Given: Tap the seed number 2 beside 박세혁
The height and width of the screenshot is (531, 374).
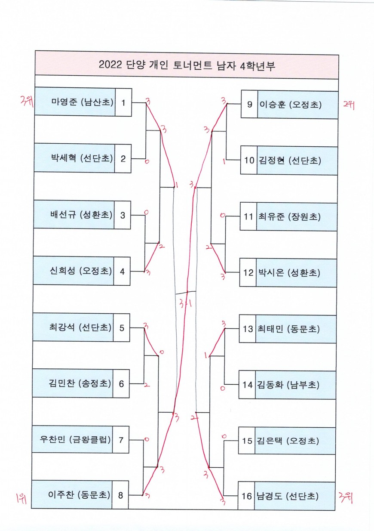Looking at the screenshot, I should (123, 159).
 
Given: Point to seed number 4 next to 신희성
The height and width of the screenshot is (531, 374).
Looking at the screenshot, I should (122, 271).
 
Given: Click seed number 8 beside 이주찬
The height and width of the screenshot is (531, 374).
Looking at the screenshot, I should (120, 495).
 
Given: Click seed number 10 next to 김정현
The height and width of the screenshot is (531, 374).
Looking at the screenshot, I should (249, 161).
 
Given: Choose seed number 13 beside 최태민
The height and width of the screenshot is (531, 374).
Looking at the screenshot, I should (248, 329).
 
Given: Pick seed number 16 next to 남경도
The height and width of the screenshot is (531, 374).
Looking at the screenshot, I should (246, 496).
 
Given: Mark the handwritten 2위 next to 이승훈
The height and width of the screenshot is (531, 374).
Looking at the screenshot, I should (349, 105).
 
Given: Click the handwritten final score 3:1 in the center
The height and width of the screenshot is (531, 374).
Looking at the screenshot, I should (185, 304).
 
